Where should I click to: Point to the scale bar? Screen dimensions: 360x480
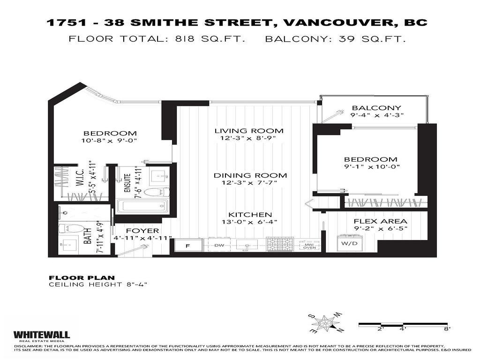click(x=404, y=324)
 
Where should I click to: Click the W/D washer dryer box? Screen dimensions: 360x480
click(x=347, y=243)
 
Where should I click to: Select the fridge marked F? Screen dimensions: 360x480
click(x=188, y=245)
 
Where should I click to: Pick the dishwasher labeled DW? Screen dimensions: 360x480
click(x=219, y=245)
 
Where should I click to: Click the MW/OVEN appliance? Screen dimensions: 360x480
click(x=309, y=245)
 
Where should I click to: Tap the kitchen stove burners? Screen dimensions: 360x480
click(x=280, y=244)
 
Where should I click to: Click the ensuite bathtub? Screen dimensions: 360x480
click(x=142, y=206)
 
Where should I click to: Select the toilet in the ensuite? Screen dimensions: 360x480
click(x=156, y=191)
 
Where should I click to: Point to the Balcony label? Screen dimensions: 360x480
click(x=376, y=108)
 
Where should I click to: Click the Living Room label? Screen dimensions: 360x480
click(x=249, y=131)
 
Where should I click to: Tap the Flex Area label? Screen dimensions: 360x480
click(x=380, y=221)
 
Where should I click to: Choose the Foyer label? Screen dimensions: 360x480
click(x=143, y=231)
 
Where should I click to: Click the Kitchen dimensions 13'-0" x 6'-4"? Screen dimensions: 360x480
click(x=249, y=222)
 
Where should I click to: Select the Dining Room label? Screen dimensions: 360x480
click(x=250, y=175)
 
